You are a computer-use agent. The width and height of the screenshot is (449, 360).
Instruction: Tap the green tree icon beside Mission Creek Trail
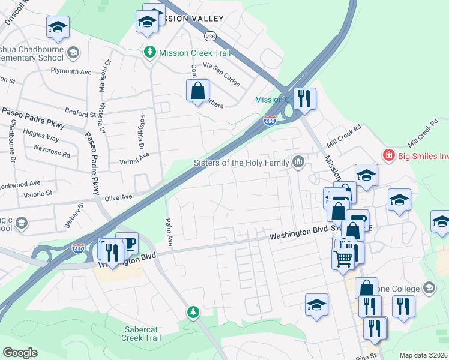(149, 53)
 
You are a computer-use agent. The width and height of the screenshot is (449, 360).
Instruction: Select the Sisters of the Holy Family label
(241, 163)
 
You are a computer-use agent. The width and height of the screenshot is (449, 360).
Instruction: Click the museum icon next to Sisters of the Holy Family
(298, 161)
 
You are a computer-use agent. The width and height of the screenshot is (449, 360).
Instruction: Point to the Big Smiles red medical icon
(388, 155)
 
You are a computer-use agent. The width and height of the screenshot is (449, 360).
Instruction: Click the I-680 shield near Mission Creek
(270, 121)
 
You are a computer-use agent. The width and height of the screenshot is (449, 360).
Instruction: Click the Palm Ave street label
(169, 235)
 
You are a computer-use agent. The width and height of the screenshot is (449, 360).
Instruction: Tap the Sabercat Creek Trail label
(143, 334)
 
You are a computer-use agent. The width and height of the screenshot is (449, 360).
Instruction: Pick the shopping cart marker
(343, 258)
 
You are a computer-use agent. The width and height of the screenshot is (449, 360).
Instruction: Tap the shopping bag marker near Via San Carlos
(197, 92)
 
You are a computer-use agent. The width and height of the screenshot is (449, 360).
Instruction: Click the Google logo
(20, 353)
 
